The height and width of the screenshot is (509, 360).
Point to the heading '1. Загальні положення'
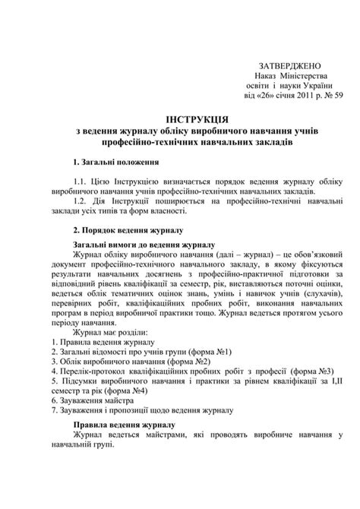(115, 163)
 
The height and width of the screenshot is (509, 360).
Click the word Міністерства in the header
(302, 77)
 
